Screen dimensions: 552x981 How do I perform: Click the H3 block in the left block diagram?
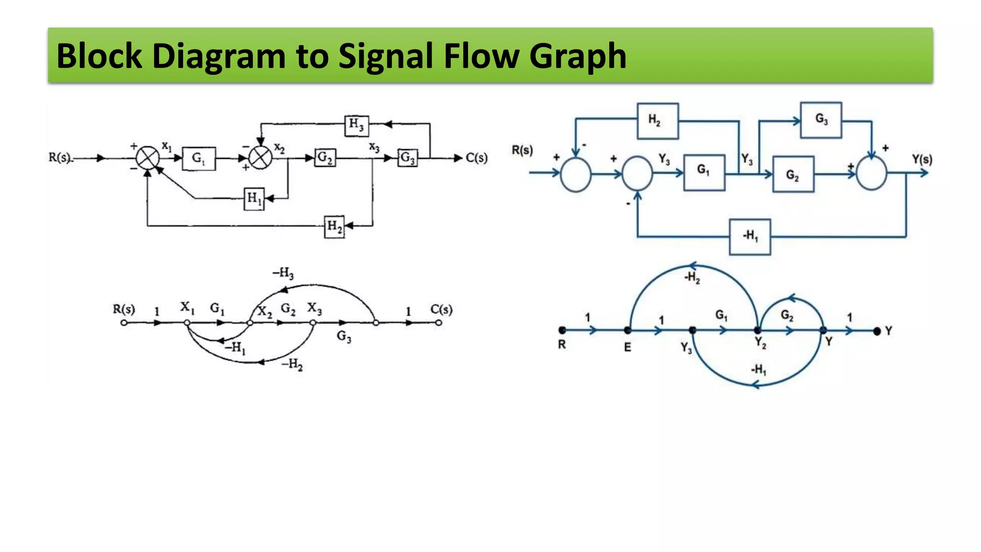[x=356, y=125]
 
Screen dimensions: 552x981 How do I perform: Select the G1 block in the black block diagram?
[x=199, y=158]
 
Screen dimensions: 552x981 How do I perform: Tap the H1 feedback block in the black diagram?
[x=254, y=198]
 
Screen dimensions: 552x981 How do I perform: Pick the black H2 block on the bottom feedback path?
[x=334, y=226]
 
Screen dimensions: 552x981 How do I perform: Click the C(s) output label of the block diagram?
[x=477, y=158]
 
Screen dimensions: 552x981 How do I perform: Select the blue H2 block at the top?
[x=657, y=121]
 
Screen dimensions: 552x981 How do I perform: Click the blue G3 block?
[x=821, y=120]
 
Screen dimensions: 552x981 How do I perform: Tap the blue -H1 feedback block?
[x=750, y=236]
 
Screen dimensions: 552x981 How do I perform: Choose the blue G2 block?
[x=793, y=174]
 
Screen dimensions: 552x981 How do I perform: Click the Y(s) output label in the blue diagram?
[x=922, y=159]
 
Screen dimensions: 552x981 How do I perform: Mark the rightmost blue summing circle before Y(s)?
[x=871, y=174]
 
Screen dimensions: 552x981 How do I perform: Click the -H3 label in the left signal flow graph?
[x=283, y=273]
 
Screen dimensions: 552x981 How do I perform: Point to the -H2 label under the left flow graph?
[x=292, y=365]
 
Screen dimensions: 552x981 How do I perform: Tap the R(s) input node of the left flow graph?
[x=124, y=323]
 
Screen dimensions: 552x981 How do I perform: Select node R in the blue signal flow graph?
[x=562, y=330]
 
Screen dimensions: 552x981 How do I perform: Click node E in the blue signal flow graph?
[x=627, y=330]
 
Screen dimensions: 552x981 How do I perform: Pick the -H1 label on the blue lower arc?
[x=759, y=369]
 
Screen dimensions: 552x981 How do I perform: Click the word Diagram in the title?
[x=219, y=56]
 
